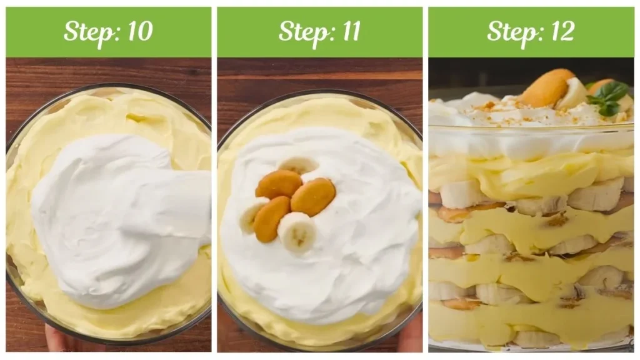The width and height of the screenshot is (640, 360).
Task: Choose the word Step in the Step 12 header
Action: click(x=507, y=31)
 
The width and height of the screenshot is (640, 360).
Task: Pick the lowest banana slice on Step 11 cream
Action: click(x=297, y=231)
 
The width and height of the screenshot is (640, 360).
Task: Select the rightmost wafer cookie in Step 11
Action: click(x=313, y=196)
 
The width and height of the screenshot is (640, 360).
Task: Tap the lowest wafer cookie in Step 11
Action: click(x=271, y=219)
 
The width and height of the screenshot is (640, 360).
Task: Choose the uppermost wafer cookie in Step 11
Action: click(x=279, y=184)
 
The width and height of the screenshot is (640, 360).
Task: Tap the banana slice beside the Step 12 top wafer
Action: click(x=573, y=94)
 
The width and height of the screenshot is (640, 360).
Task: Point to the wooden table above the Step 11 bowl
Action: click(x=319, y=78)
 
